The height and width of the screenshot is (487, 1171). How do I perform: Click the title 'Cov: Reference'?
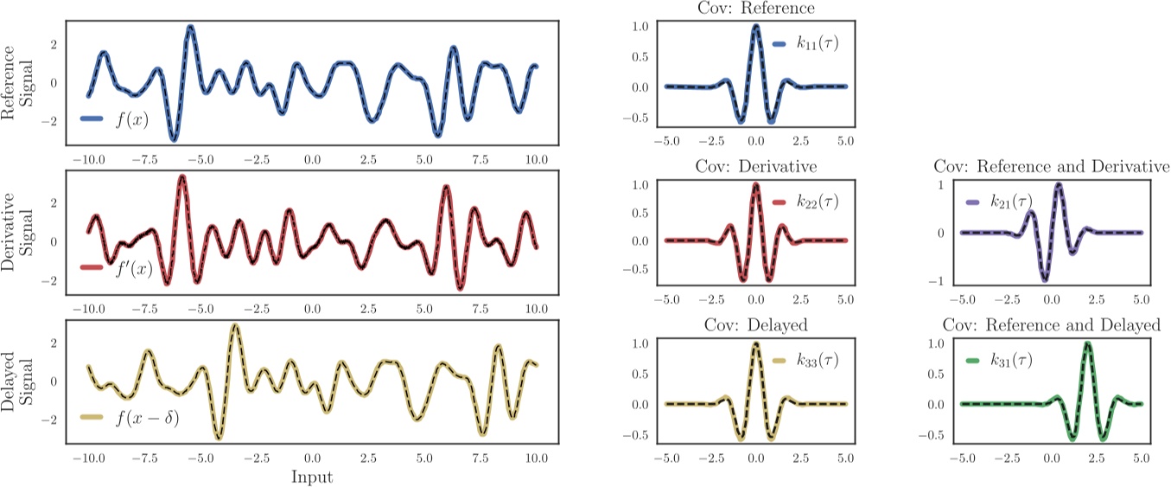point(755,9)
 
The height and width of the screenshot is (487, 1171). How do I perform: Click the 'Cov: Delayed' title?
point(755,325)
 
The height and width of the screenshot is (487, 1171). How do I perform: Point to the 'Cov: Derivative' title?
point(755,167)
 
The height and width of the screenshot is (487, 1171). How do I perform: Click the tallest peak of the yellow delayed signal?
point(236,326)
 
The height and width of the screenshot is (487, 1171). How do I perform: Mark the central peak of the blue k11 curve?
point(756,26)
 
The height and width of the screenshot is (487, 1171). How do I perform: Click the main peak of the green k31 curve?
point(1087,343)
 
